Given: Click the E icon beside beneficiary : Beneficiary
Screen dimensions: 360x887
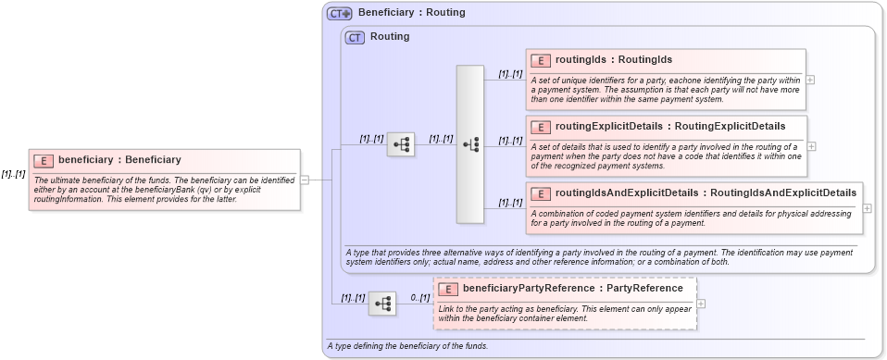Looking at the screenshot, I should click(44, 160).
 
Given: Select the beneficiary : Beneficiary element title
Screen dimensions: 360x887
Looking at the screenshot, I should click(119, 160).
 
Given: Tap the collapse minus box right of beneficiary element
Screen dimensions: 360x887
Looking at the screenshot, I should click(306, 180).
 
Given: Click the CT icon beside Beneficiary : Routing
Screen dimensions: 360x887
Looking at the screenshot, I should click(340, 14).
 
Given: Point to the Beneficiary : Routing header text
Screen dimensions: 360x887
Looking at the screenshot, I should click(411, 13).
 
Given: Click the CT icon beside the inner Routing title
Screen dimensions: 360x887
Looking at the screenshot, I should click(355, 38).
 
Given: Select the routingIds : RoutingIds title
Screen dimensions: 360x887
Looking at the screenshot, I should click(614, 60).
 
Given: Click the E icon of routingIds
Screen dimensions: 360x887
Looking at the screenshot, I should click(541, 60).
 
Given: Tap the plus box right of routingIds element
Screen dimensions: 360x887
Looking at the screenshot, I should click(811, 80).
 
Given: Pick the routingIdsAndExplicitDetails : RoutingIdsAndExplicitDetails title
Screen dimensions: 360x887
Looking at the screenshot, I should click(706, 192).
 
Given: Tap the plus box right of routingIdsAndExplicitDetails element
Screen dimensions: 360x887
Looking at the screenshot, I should click(868, 208).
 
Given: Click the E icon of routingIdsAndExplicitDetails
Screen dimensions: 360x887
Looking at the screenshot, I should click(541, 192).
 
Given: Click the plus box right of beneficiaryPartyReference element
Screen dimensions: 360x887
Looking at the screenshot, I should click(701, 304).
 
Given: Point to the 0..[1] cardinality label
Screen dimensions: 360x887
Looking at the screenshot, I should click(419, 298).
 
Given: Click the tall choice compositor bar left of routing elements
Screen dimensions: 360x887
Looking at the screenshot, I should click(470, 143).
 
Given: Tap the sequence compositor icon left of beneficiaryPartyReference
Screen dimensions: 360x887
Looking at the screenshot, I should click(382, 304).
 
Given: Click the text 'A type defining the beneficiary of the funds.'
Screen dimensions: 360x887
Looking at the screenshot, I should click(406, 346).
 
